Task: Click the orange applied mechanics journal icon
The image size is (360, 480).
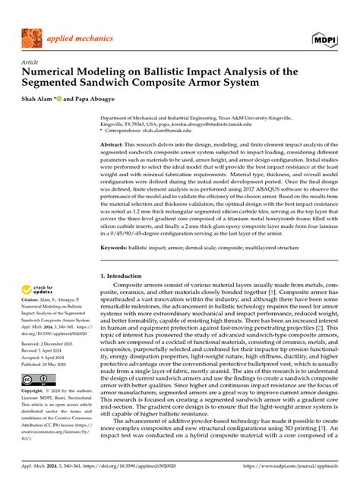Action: pos(33,37)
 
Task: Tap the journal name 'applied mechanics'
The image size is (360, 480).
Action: pos(79,36)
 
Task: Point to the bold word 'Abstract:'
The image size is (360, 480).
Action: pos(113,144)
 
